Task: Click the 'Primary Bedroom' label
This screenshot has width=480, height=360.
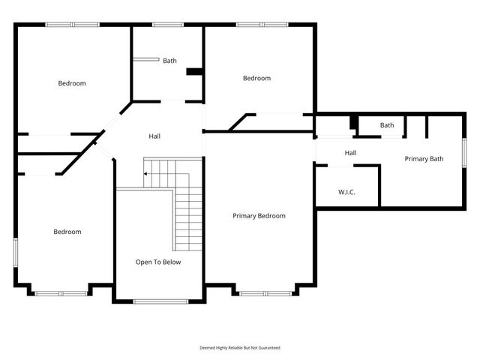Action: pyautogui.click(x=259, y=216)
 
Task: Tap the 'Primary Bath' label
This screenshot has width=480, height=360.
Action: pyautogui.click(x=424, y=159)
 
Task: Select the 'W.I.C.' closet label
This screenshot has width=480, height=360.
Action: pyautogui.click(x=346, y=193)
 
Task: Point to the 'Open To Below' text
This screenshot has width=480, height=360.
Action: pyautogui.click(x=157, y=262)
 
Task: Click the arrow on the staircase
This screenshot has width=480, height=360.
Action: pyautogui.click(x=147, y=174)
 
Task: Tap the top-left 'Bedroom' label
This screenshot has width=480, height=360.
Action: pyautogui.click(x=72, y=83)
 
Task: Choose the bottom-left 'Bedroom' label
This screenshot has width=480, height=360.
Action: pyautogui.click(x=67, y=232)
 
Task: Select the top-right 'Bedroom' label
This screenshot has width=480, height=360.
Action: pyautogui.click(x=256, y=78)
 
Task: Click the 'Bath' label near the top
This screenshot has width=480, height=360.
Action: pyautogui.click(x=169, y=61)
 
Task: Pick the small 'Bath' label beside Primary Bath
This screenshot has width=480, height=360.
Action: pyautogui.click(x=387, y=125)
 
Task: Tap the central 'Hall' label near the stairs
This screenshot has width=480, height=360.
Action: pyautogui.click(x=154, y=136)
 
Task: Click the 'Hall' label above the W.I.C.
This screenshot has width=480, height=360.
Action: pyautogui.click(x=350, y=153)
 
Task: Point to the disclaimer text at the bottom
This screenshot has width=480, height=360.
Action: pyautogui.click(x=239, y=348)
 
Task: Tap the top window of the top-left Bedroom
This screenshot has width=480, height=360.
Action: pyautogui.click(x=72, y=25)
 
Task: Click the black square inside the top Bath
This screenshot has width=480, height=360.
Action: pyautogui.click(x=194, y=72)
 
